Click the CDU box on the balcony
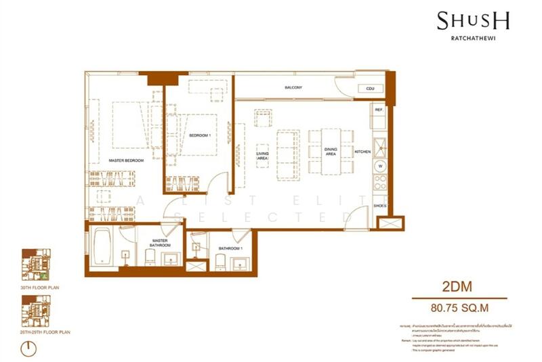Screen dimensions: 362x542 [370, 89]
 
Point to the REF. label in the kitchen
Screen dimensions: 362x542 [379, 109]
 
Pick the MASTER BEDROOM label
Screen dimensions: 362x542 [127, 160]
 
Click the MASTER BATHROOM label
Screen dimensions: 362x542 [161, 242]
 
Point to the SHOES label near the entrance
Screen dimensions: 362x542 [380, 205]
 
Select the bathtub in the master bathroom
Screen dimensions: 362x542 [104, 247]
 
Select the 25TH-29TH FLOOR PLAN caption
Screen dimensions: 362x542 [47, 332]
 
